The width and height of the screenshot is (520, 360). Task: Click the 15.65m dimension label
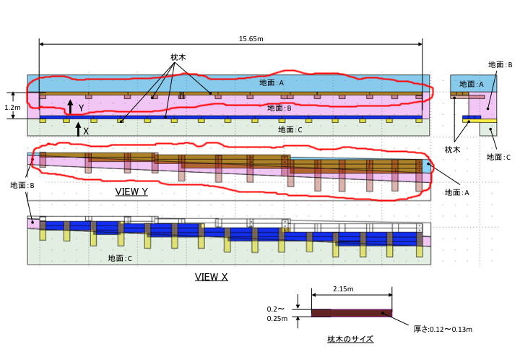tap(251, 39)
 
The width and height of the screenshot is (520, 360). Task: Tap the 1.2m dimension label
tap(12, 108)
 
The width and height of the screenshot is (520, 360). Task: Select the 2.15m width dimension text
tap(343, 289)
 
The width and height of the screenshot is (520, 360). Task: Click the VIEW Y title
tap(131, 192)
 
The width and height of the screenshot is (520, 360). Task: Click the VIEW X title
tap(211, 277)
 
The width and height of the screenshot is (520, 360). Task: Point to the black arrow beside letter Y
tap(70, 107)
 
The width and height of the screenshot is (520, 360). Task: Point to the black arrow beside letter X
tap(78, 129)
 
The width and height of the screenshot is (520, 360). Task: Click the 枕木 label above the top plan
tap(178, 57)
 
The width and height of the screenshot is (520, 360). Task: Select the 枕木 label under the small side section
tap(452, 150)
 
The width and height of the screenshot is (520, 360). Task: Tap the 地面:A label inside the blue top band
tap(272, 82)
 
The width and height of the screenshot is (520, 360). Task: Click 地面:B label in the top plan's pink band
tap(279, 108)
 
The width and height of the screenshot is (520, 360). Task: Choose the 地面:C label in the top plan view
tap(290, 129)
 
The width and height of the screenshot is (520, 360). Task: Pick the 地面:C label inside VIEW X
tap(120, 258)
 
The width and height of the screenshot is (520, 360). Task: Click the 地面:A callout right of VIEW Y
tap(457, 192)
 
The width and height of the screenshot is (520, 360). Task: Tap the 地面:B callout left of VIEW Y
tap(22, 185)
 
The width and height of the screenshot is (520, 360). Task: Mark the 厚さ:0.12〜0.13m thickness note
tap(443, 329)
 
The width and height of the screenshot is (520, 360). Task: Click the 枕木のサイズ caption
tap(350, 339)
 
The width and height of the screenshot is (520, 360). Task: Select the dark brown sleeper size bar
tap(352, 313)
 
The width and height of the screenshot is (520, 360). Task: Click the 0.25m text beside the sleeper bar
tap(277, 319)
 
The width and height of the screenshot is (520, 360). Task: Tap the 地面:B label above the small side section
tap(500, 65)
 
